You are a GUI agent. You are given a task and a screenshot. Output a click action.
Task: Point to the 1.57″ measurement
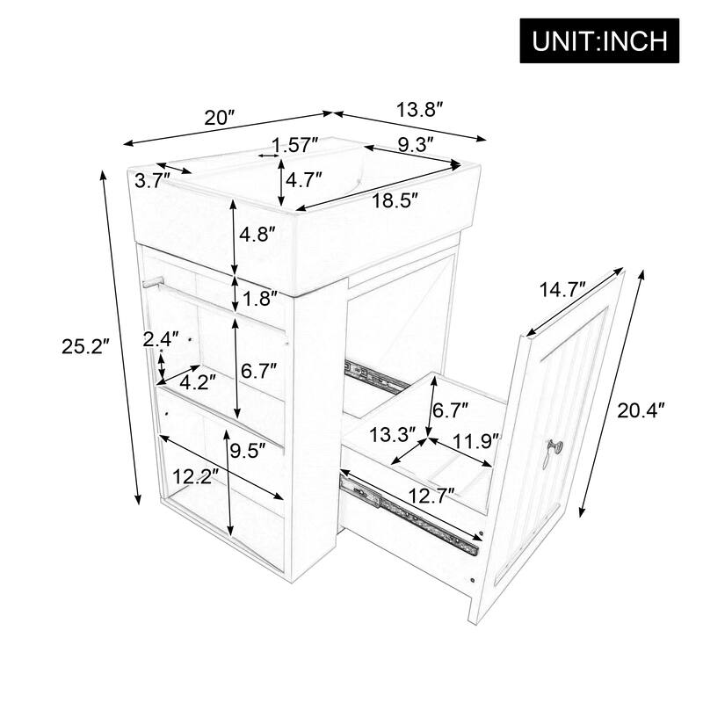pyautogui.click(x=295, y=144)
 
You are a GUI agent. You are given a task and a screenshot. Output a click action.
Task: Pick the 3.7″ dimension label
pyautogui.click(x=153, y=180)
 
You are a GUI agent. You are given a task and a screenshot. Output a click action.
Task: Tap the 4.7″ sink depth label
pyautogui.click(x=304, y=179)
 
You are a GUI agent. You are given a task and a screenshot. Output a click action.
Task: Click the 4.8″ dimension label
pyautogui.click(x=259, y=236)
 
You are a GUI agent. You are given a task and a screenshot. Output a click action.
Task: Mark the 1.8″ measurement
pyautogui.click(x=261, y=298)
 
